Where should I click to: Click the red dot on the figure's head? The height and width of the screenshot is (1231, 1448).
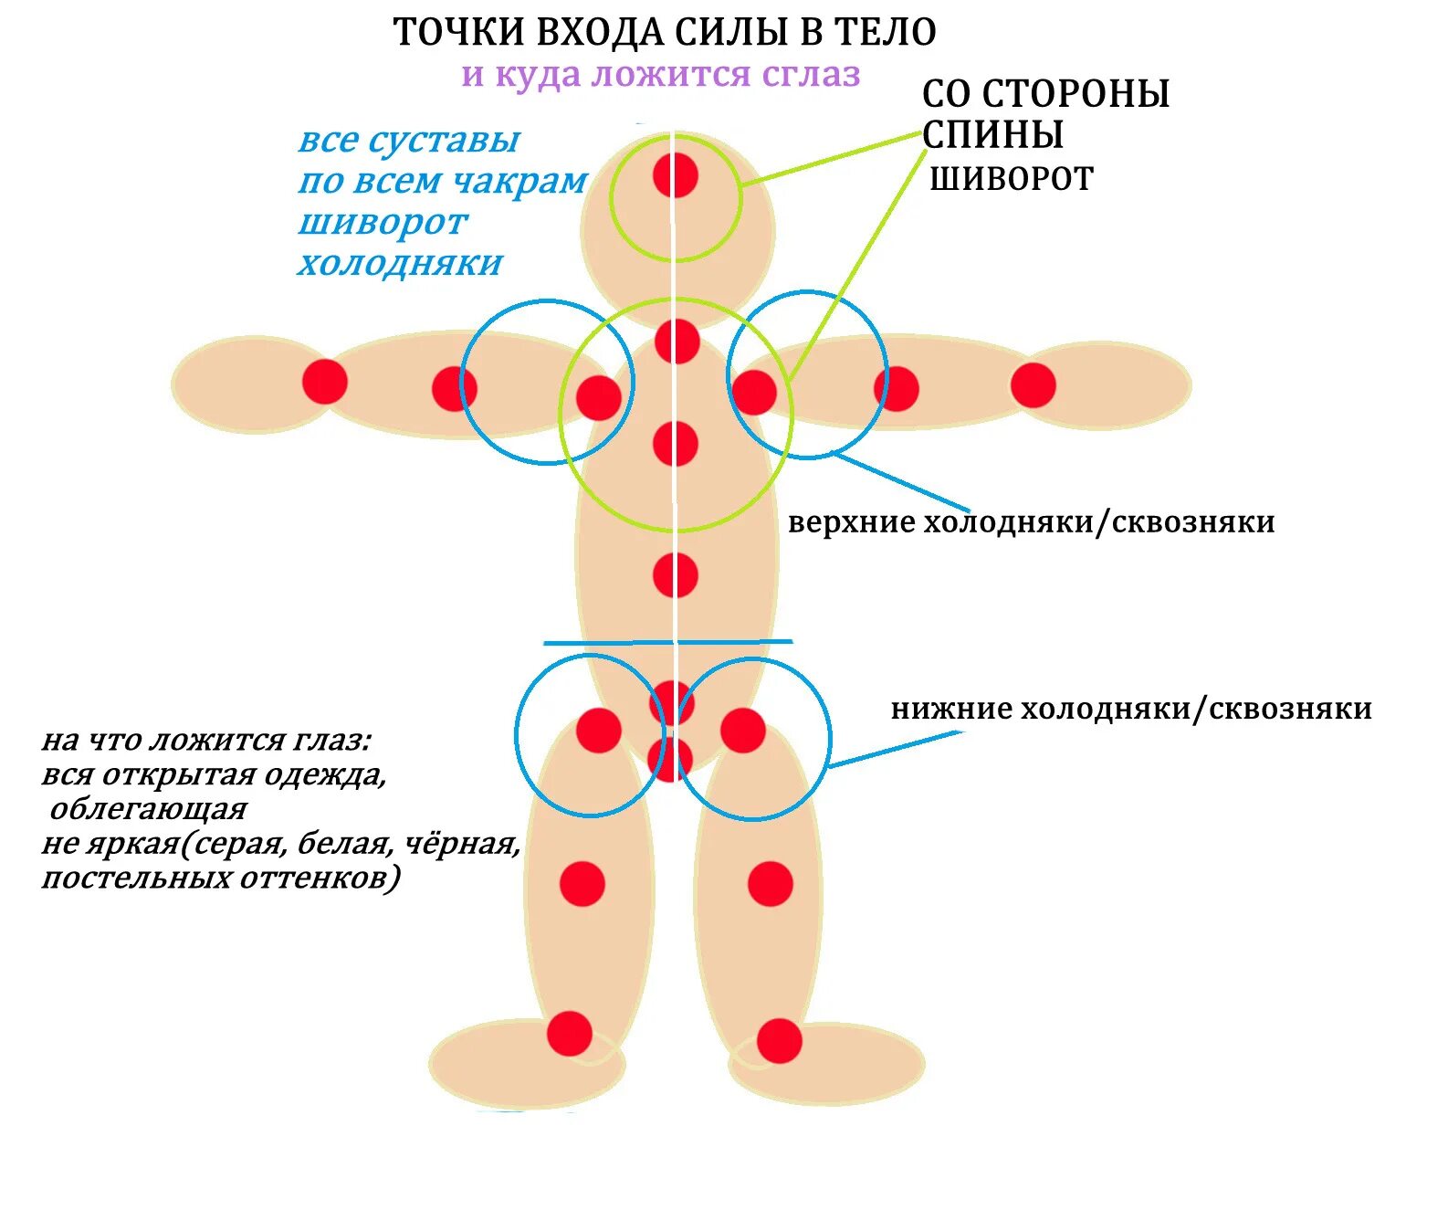point(676,175)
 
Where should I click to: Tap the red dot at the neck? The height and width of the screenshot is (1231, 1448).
point(677,342)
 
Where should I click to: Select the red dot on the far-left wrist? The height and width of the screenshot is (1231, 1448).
point(325,381)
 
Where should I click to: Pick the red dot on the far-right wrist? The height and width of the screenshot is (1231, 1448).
point(1034,384)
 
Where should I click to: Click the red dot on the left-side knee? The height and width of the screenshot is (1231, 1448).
point(582,883)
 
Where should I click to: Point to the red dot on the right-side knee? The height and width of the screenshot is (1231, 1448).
point(771,883)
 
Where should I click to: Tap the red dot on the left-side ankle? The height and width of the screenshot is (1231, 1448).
point(570,1034)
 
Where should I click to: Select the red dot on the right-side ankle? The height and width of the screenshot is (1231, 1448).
point(780,1041)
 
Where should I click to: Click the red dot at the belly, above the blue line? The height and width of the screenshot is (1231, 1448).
point(676,575)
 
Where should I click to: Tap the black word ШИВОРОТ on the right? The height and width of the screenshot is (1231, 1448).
point(1012,179)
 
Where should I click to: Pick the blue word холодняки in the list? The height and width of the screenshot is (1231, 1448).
point(400,264)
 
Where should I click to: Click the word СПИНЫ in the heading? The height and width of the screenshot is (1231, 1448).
point(992,135)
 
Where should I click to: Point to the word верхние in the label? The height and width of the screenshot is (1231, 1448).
point(852,522)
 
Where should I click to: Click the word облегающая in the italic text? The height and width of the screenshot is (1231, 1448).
point(149,810)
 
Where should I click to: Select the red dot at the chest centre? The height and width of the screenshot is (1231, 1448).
point(676,444)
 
